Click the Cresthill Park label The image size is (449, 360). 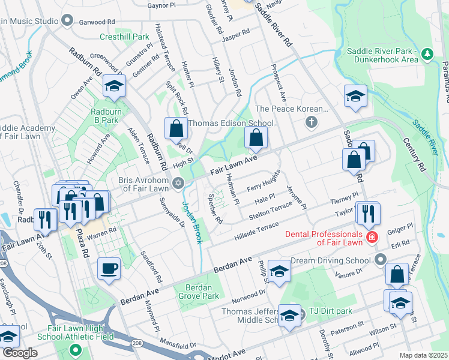pyautogui.click(x=124, y=37)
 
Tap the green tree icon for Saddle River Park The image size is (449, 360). pyautogui.click(x=427, y=55)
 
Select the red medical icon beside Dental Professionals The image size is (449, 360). pyautogui.click(x=373, y=236)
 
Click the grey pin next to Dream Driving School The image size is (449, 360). pyautogui.click(x=379, y=260)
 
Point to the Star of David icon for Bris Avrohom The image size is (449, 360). pyautogui.click(x=177, y=183)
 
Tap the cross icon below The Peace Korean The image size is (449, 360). pyautogui.click(x=311, y=123)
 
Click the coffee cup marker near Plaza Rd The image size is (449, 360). pyautogui.click(x=109, y=268)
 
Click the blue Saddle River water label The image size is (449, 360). pyautogui.click(x=425, y=136)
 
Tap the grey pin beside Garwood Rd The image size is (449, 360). pyautogui.click(x=67, y=21)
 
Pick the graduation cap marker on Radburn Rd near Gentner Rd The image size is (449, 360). pyautogui.click(x=113, y=86)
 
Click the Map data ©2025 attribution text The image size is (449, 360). pyautogui.click(x=424, y=355)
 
